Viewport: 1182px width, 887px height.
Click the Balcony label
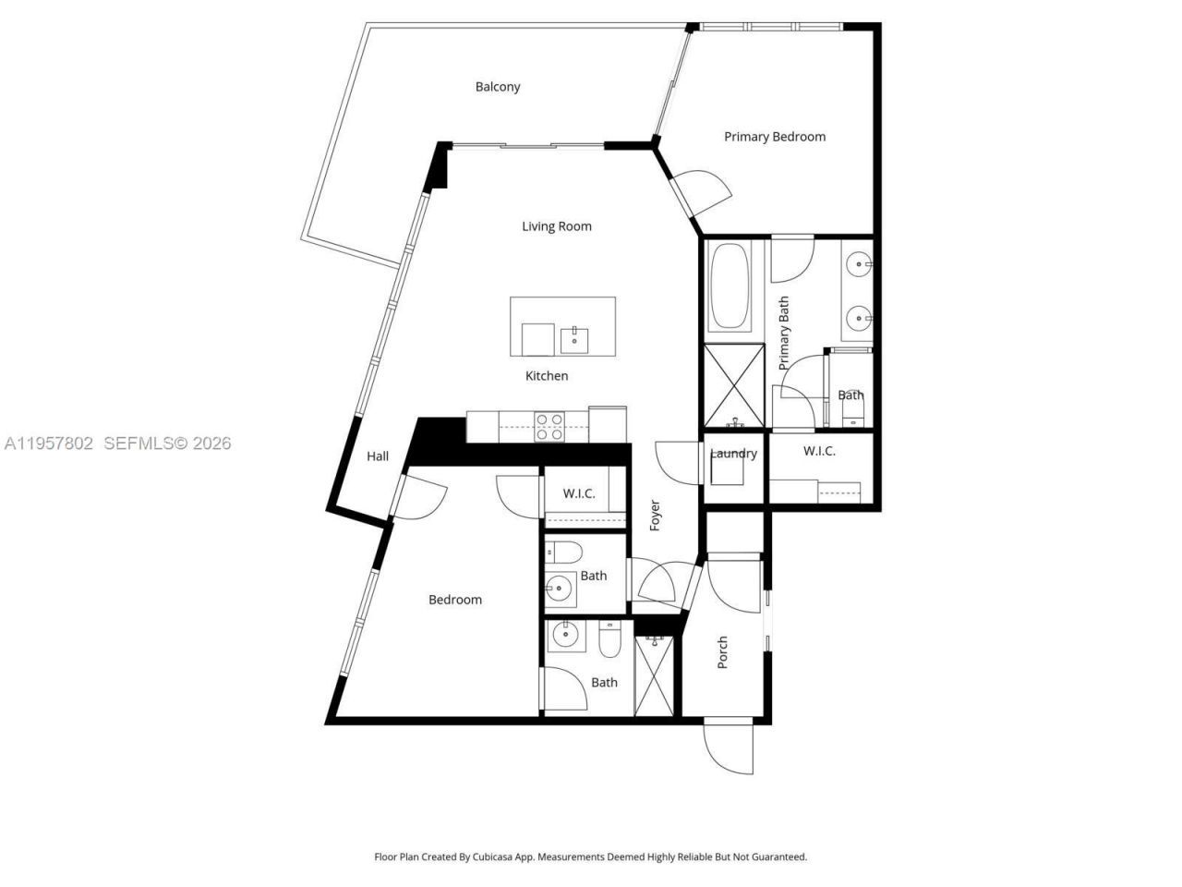[498, 87]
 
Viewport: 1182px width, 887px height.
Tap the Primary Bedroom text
[774, 137]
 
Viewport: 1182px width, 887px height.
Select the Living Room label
[556, 226]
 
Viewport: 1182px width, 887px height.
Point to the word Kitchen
[547, 376]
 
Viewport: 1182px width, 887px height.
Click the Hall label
[378, 456]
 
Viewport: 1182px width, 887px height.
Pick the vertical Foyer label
[655, 516]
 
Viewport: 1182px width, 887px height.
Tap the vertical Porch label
[723, 652]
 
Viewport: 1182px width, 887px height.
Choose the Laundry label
[734, 453]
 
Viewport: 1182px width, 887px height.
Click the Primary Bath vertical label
[784, 334]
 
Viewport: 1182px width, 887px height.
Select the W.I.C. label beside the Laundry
[819, 451]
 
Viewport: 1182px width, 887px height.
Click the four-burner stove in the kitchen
[550, 426]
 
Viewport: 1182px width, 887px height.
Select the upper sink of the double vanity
[860, 265]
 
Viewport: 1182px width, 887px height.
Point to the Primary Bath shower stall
[734, 383]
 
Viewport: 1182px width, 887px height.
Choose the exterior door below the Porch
[730, 747]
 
